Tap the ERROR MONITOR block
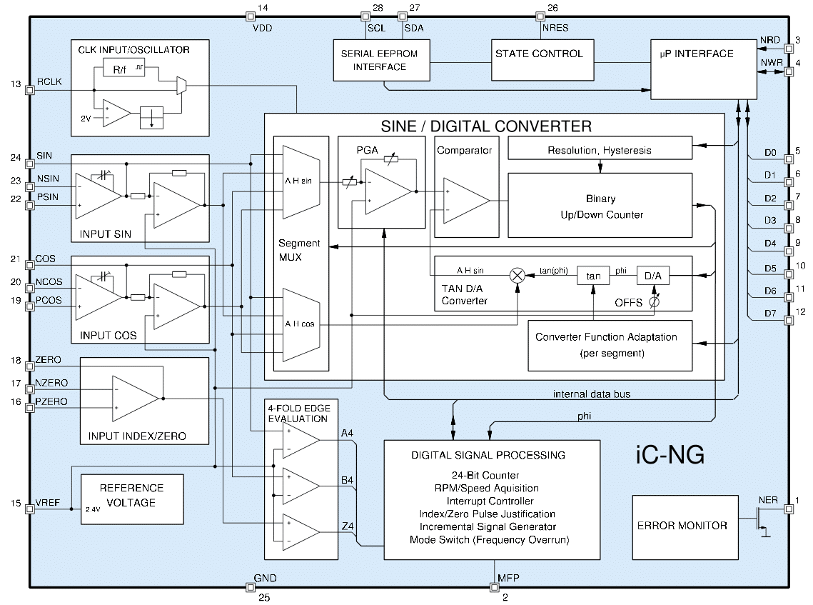tap(685, 526)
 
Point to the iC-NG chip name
tap(670, 455)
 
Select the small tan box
tap(593, 276)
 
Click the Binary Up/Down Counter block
tap(600, 206)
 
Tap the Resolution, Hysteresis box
tap(600, 149)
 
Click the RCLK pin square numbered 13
tap(30, 90)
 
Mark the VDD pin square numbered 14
tap(250, 16)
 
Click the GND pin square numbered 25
tap(250, 587)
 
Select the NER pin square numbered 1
tap(789, 509)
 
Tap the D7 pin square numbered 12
tap(789, 321)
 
